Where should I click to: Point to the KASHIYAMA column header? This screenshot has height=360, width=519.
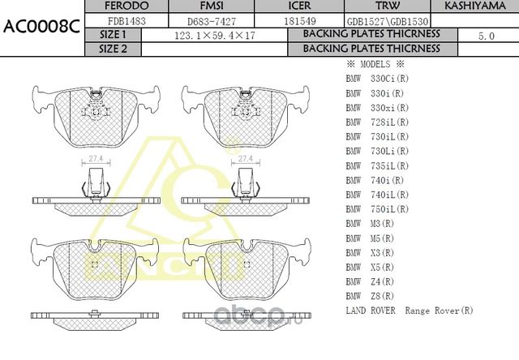click(473, 6)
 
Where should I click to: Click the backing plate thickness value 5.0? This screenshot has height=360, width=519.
click(486, 36)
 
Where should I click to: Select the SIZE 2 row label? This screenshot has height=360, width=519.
click(113, 49)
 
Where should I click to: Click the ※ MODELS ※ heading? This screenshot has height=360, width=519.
click(375, 64)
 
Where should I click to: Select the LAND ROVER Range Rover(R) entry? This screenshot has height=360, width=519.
click(410, 311)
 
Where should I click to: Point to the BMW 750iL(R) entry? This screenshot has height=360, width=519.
click(377, 208)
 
